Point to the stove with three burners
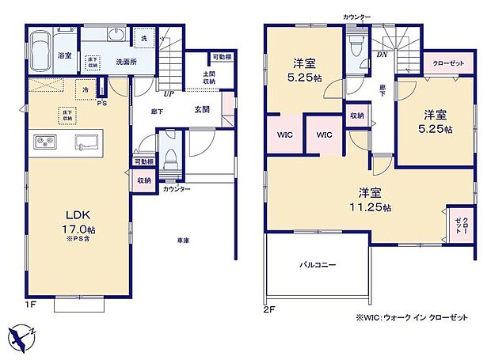[x=44, y=143]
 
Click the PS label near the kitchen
[x=101, y=103]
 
